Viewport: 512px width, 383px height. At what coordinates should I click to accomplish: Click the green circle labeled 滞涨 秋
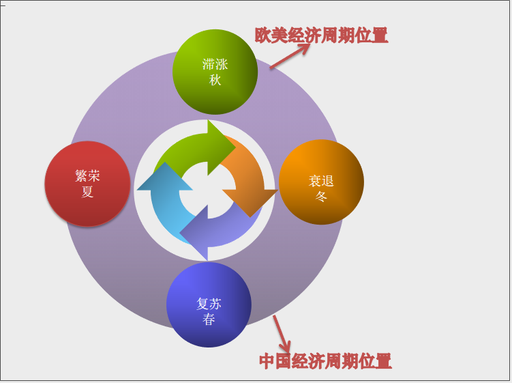click(215, 72)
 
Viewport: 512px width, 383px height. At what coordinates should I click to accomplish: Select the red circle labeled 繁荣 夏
click(87, 184)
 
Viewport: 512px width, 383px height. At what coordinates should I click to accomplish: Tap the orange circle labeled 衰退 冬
click(321, 182)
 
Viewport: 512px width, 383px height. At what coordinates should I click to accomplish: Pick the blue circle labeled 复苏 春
click(209, 304)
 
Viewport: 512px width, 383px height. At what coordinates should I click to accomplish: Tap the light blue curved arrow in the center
click(165, 199)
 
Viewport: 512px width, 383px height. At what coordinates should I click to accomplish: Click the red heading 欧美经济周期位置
click(321, 36)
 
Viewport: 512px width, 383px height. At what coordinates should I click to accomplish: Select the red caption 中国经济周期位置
click(325, 361)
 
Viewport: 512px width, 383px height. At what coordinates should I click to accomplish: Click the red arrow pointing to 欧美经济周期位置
click(290, 56)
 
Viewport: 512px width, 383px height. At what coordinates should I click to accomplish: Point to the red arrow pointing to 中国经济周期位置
click(282, 334)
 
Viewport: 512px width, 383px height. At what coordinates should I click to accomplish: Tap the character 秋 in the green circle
click(215, 80)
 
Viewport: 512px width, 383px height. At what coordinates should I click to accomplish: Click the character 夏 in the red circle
click(87, 192)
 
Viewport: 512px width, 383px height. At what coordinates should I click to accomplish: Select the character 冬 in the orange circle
click(321, 196)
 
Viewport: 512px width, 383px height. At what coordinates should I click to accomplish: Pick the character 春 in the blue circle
click(209, 320)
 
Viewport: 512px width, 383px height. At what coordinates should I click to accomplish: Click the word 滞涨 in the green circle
click(215, 64)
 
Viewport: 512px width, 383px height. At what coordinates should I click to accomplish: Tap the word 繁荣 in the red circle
click(87, 176)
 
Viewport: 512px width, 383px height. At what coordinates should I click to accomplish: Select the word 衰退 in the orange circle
click(321, 181)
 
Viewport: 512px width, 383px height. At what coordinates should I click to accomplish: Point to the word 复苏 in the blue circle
click(209, 304)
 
